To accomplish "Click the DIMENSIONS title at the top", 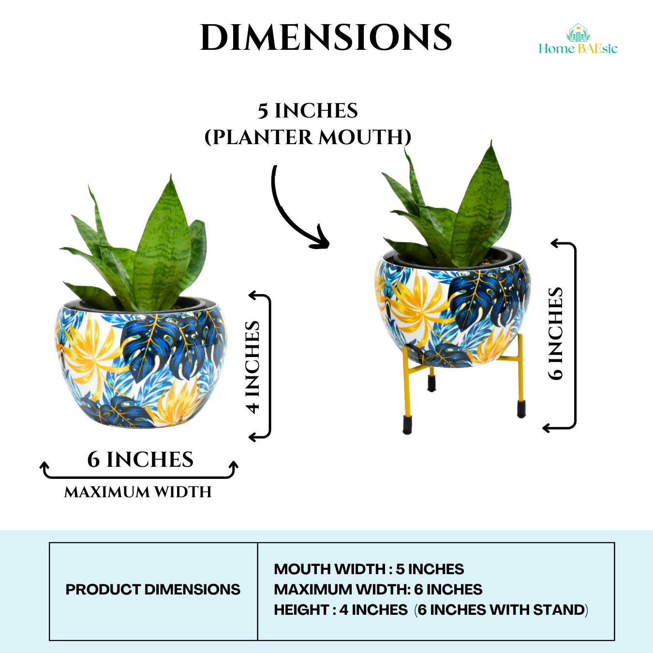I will coord(326,38).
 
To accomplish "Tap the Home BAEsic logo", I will coord(578,41).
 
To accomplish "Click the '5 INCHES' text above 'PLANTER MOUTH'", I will coord(308,111).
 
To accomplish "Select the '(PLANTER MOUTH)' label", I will coord(308,137).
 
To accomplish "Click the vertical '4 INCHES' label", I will coord(253,367).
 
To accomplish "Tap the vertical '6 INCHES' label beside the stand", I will coord(556,334).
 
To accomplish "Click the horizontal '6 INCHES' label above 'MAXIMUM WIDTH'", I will coord(140,460).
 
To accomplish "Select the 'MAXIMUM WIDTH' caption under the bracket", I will coord(138,492).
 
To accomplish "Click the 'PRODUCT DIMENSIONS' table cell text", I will coord(153,590).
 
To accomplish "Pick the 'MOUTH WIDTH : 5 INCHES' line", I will coord(369,569).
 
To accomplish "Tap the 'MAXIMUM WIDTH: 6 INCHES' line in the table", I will coord(378,590).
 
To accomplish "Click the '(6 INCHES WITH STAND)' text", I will coord(501,610).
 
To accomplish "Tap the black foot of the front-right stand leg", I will coord(521,409).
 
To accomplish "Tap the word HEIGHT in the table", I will coord(301,610).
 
